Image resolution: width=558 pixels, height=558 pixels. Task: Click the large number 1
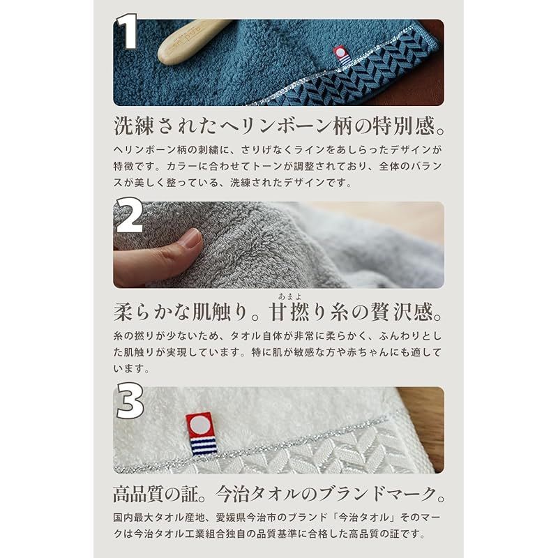point(127,33)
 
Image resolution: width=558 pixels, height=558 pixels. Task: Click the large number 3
point(130,402)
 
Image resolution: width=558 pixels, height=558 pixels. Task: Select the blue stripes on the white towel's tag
point(202,445)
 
